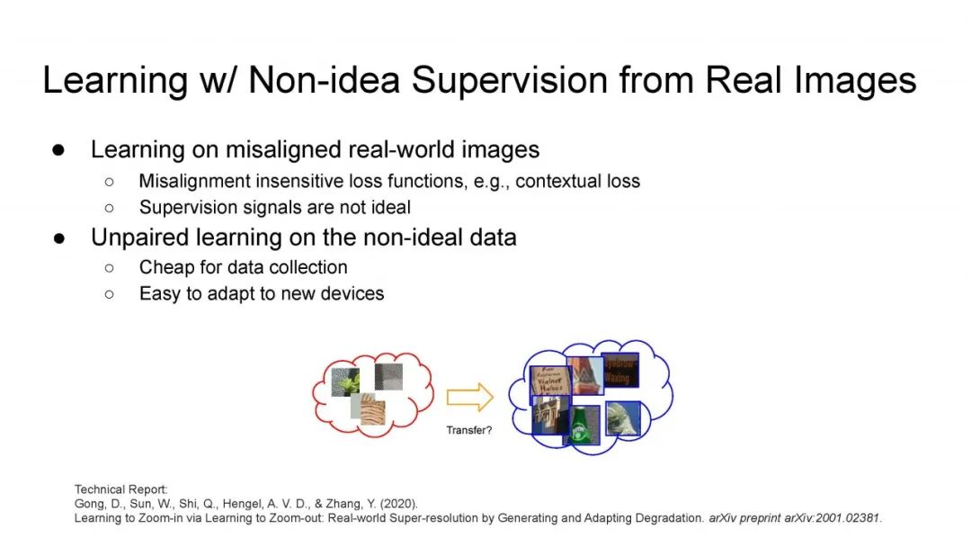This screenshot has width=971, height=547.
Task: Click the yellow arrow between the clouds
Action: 470,397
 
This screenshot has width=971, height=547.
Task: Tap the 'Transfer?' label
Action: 469,430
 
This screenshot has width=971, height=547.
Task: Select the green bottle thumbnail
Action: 582,425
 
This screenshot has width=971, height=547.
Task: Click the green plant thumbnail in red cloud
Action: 345,381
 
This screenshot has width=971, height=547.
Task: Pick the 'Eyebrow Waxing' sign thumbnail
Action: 619,370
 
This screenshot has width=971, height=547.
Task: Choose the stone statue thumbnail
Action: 622,418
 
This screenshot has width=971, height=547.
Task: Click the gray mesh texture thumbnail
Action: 388,377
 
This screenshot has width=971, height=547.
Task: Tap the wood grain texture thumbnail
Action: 369,409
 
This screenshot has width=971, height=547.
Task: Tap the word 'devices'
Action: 352,293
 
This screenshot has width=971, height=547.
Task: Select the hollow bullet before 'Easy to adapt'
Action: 110,293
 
